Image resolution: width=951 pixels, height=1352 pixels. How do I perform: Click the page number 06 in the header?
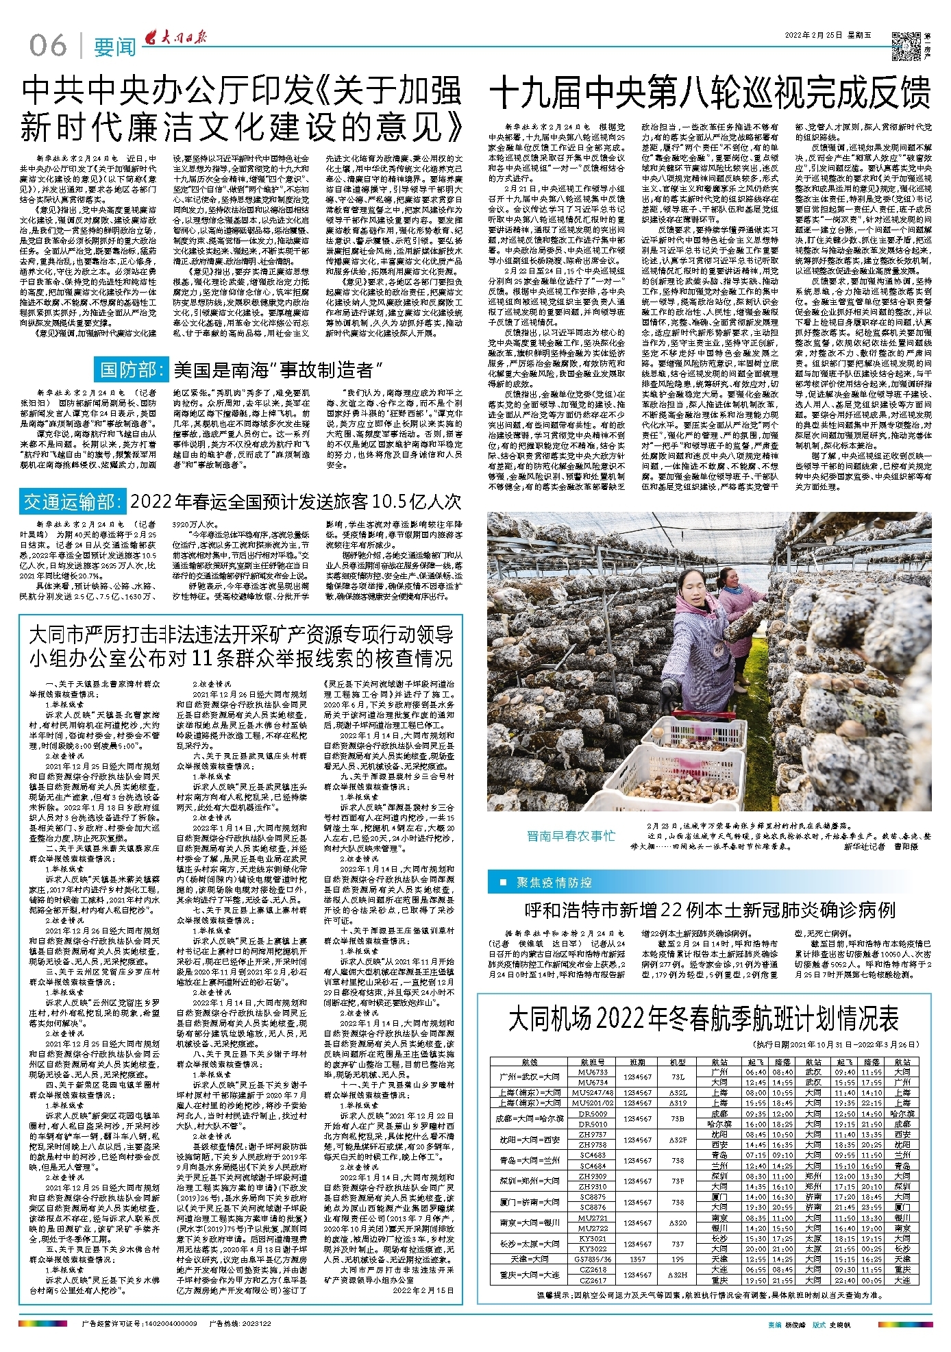click(48, 46)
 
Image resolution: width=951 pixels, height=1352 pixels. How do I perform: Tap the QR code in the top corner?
click(906, 46)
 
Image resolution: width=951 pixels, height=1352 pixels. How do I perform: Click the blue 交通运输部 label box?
click(73, 502)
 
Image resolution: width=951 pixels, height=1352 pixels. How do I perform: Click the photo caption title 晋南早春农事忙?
click(571, 835)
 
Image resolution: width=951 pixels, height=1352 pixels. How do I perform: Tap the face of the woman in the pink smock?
click(733, 579)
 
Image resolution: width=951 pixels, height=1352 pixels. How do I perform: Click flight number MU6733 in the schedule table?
click(593, 1072)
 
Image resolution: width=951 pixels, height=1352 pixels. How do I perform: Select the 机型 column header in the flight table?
click(678, 1061)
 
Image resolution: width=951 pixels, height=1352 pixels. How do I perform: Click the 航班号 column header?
click(593, 1061)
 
